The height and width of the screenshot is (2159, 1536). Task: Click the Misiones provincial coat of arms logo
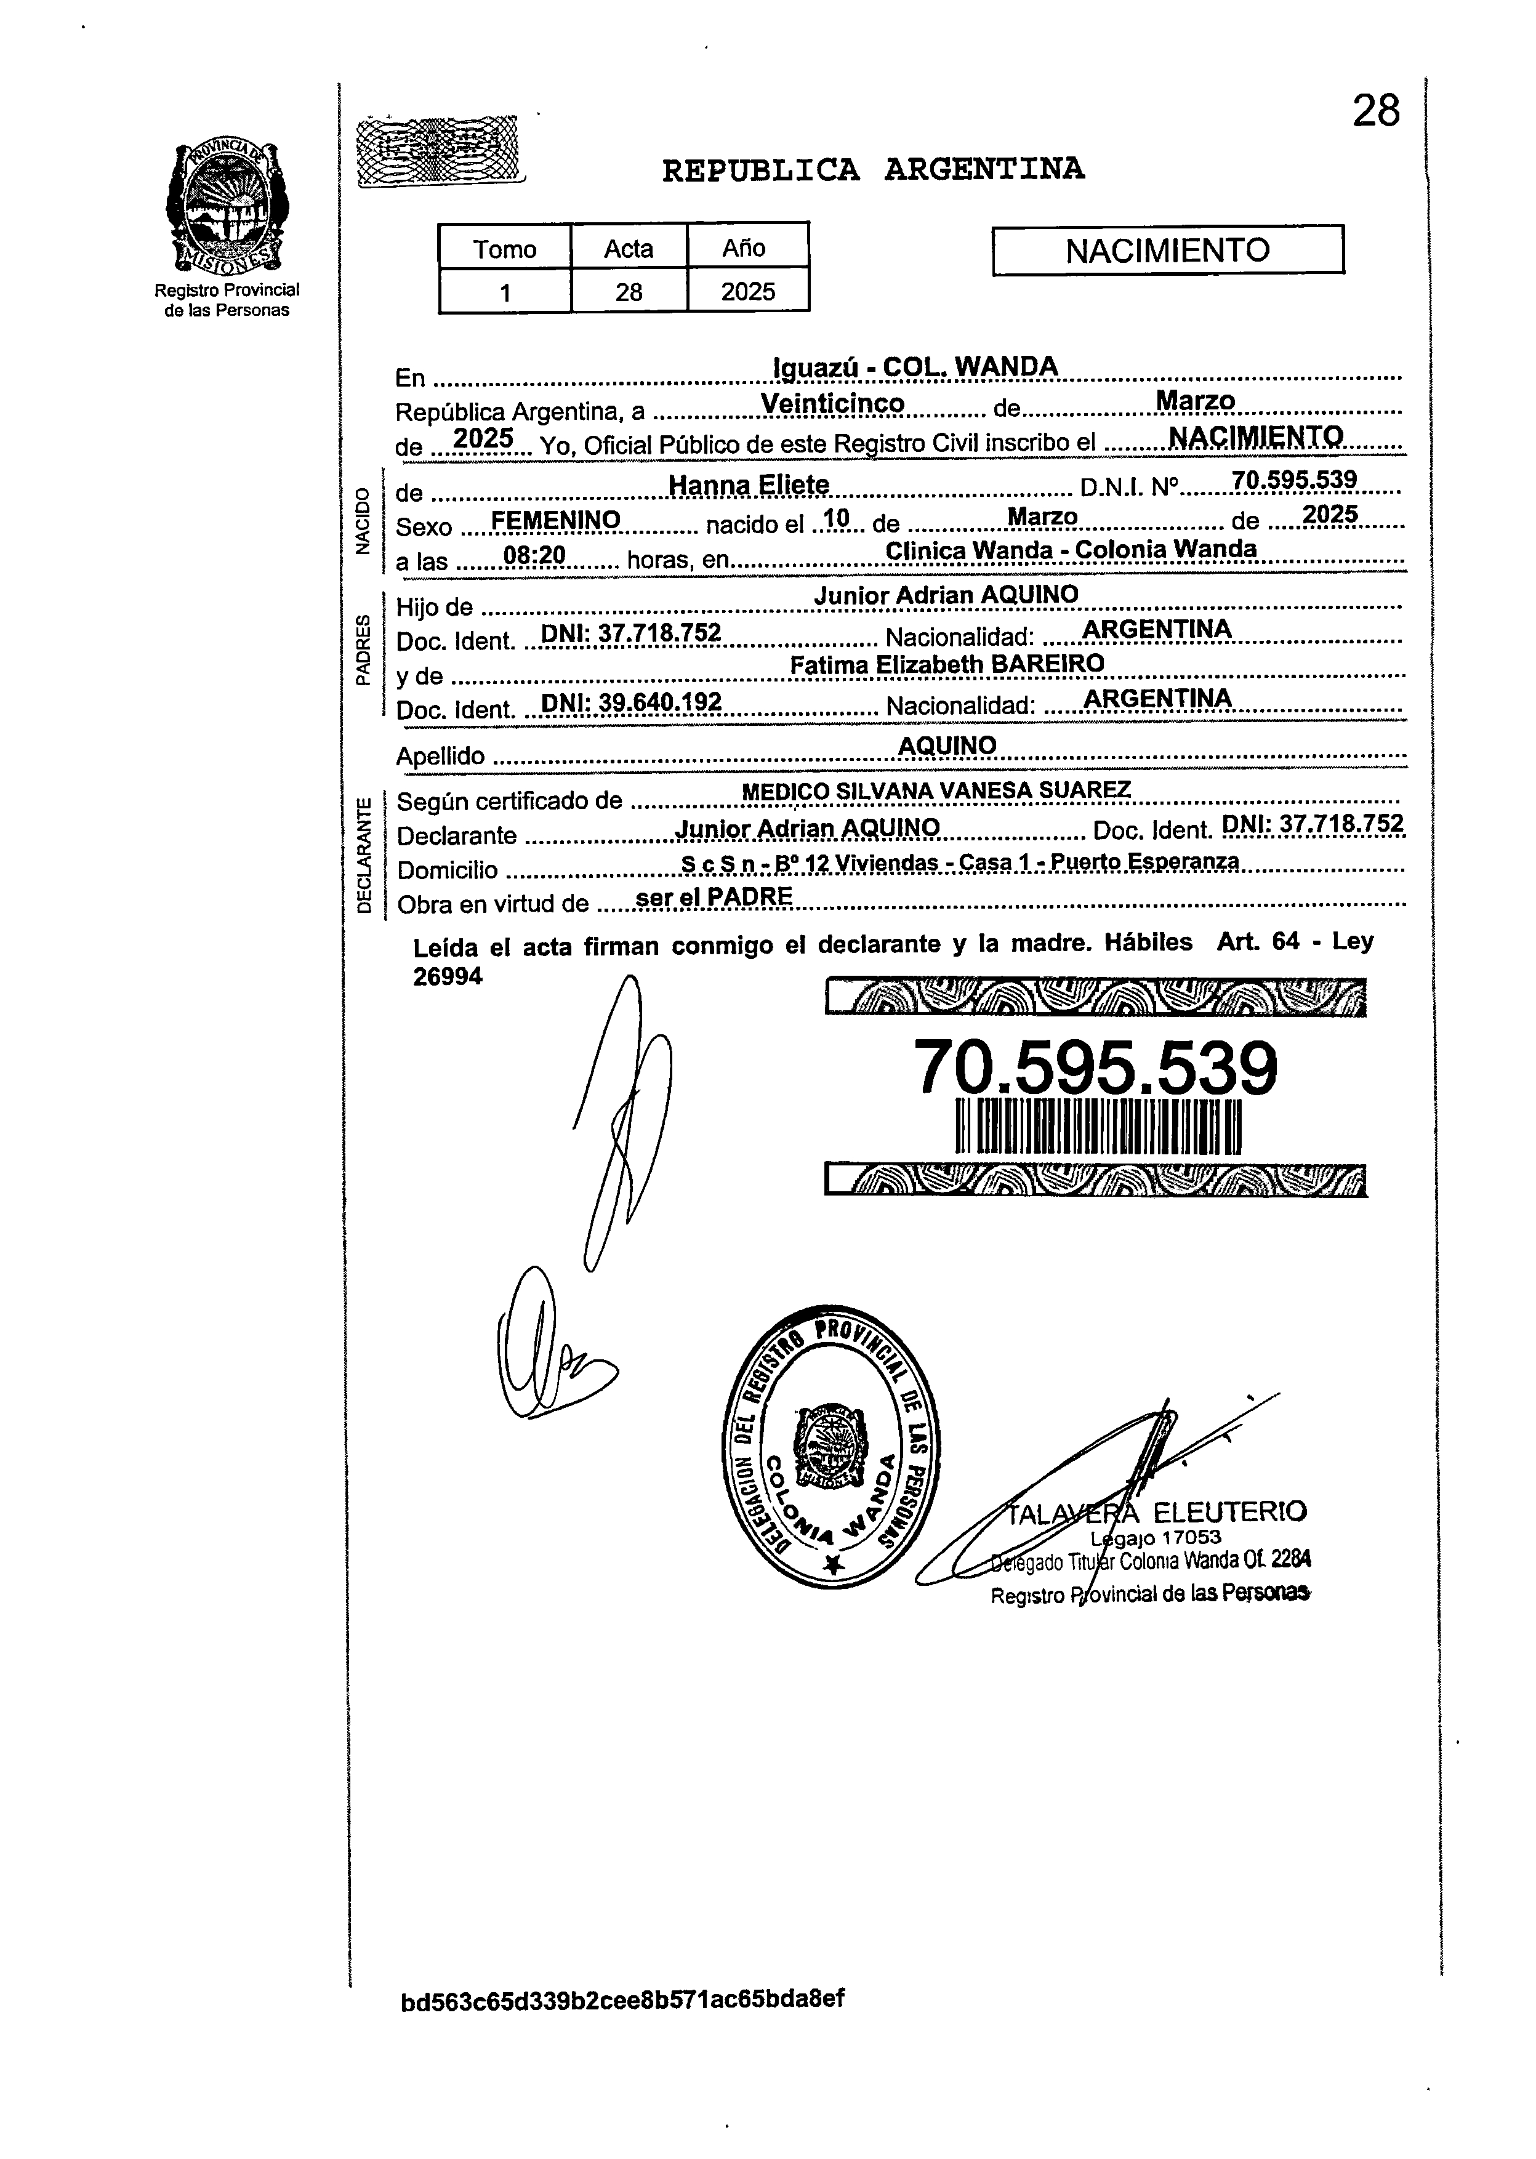pyautogui.click(x=227, y=205)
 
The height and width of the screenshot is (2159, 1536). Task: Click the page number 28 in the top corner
pyautogui.click(x=1375, y=111)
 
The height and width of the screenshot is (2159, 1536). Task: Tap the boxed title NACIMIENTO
pyautogui.click(x=1167, y=251)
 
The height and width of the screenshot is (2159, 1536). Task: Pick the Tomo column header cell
pyautogui.click(x=504, y=249)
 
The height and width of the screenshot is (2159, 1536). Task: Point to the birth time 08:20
pyautogui.click(x=534, y=557)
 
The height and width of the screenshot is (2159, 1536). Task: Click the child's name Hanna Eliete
pyautogui.click(x=748, y=485)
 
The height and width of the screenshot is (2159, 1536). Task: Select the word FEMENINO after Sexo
pyautogui.click(x=555, y=520)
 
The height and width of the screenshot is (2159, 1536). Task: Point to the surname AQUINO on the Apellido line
pyautogui.click(x=947, y=746)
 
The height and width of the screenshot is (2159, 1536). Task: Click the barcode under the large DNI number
pyautogui.click(x=1097, y=1127)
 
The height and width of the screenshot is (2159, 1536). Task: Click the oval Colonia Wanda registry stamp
pyautogui.click(x=830, y=1446)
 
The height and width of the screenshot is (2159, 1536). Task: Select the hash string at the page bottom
pyautogui.click(x=622, y=1998)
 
